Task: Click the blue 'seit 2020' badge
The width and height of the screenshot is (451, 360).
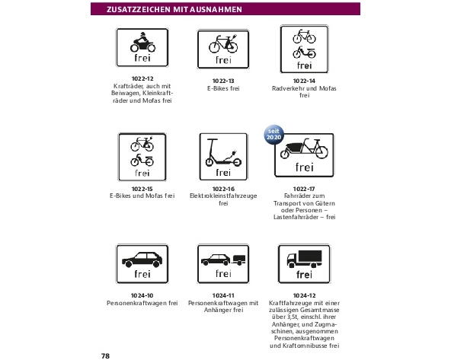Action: coord(273,134)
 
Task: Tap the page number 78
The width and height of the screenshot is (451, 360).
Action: coord(106,356)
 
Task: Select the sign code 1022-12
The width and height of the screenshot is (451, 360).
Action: coord(142,78)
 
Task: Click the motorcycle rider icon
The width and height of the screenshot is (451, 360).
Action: coord(142,42)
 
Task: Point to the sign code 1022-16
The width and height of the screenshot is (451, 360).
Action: coord(223,189)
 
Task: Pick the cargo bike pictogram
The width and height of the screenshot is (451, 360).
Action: coord(304,149)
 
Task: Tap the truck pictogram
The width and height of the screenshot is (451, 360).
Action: coord(304,259)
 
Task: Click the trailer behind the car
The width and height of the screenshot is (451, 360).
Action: coord(238,260)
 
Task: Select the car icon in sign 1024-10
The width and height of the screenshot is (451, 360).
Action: coord(142,260)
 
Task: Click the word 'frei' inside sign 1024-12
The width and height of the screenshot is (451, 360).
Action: coord(304,275)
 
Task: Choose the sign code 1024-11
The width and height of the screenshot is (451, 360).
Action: coord(223,295)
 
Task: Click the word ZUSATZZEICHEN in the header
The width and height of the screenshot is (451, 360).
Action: coord(139,9)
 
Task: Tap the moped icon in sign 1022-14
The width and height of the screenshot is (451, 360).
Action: coord(304,53)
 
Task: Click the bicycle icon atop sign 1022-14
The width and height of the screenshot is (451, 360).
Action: coord(304,37)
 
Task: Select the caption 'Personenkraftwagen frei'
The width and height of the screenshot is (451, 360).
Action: coord(142,303)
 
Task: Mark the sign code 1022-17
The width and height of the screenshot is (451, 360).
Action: coord(304,189)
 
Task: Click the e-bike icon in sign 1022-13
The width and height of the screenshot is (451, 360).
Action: coord(223,43)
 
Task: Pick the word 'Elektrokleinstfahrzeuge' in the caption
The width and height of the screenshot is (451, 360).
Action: coord(223,196)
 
